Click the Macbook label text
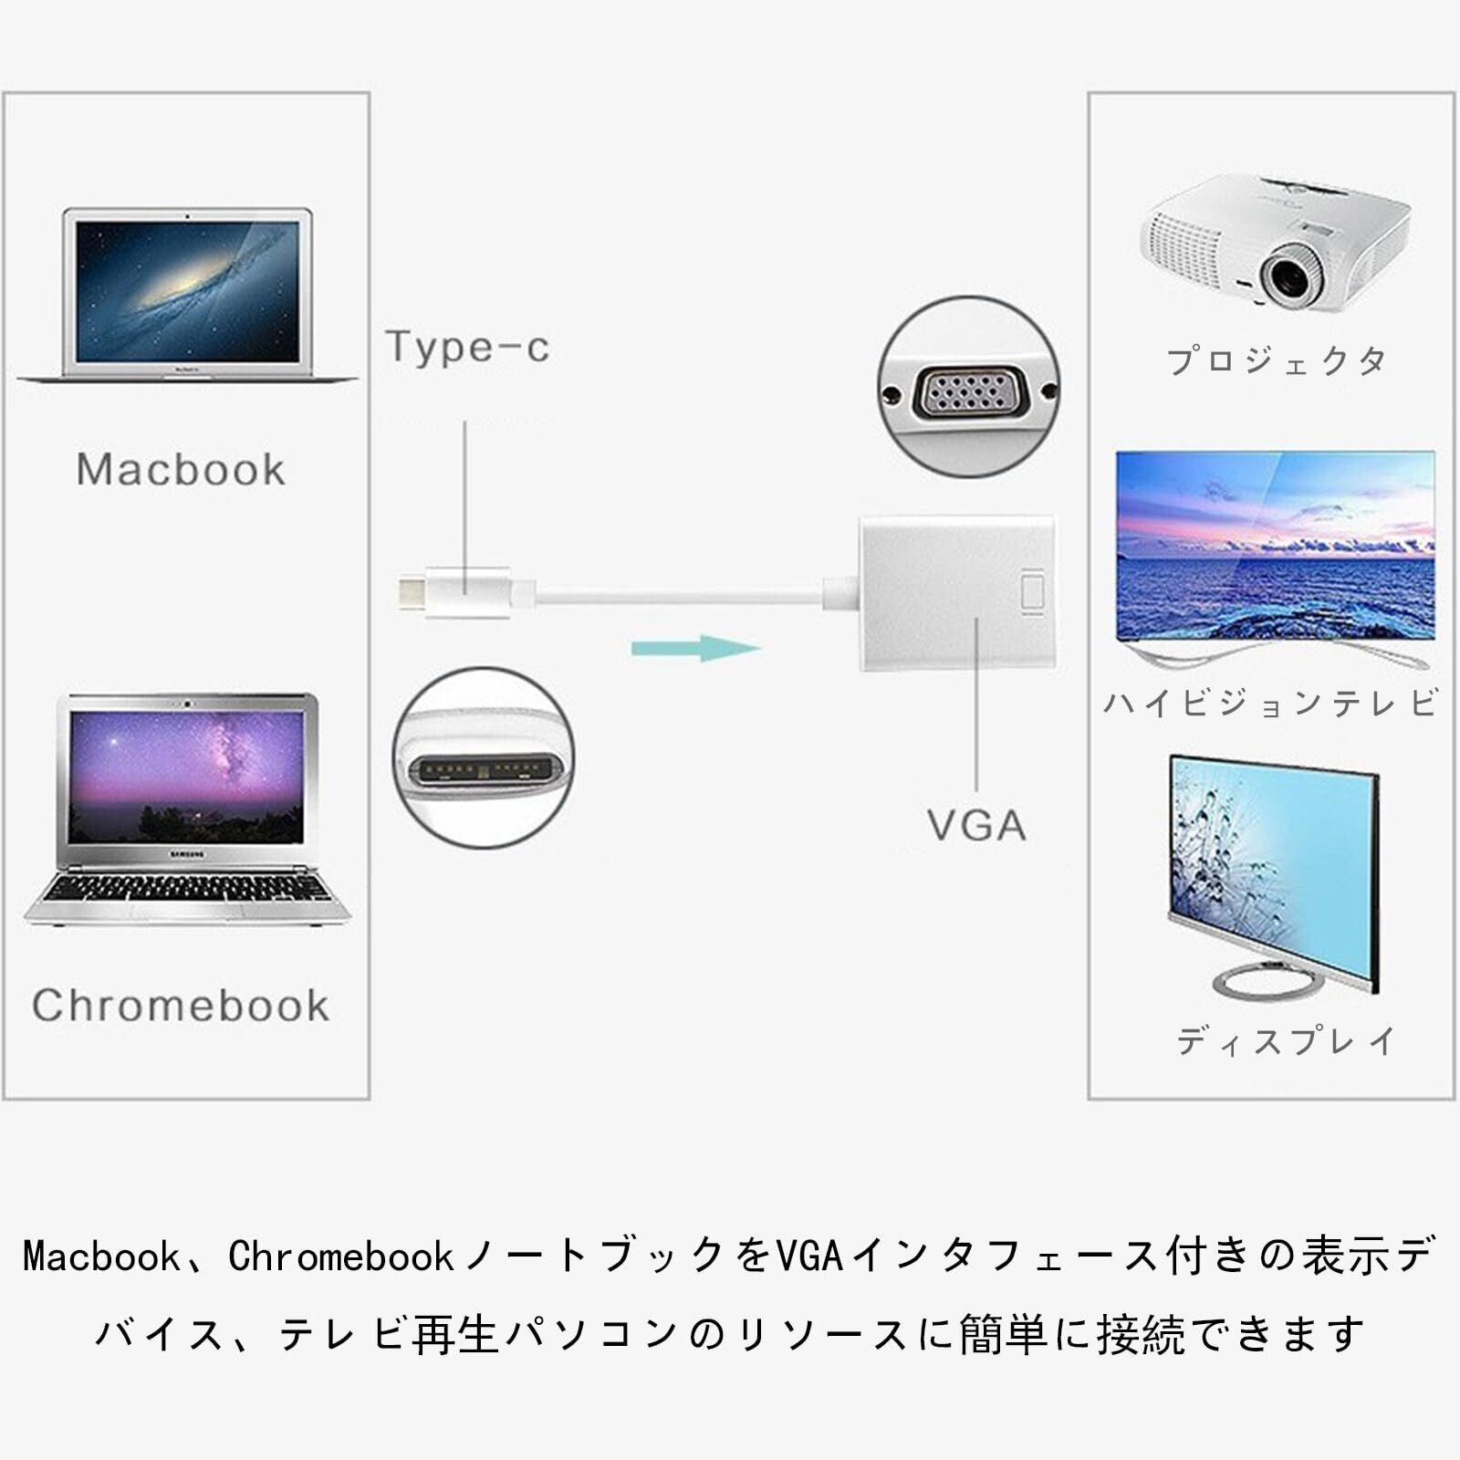(x=181, y=470)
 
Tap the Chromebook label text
(x=181, y=1006)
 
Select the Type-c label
(x=467, y=347)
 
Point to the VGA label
(x=976, y=826)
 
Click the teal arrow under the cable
(x=695, y=649)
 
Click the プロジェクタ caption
(x=1277, y=361)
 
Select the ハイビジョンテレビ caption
(x=1270, y=703)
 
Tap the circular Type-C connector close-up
(x=484, y=756)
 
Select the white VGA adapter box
(x=956, y=593)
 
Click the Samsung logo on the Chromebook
(x=185, y=854)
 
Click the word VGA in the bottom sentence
(x=808, y=1257)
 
